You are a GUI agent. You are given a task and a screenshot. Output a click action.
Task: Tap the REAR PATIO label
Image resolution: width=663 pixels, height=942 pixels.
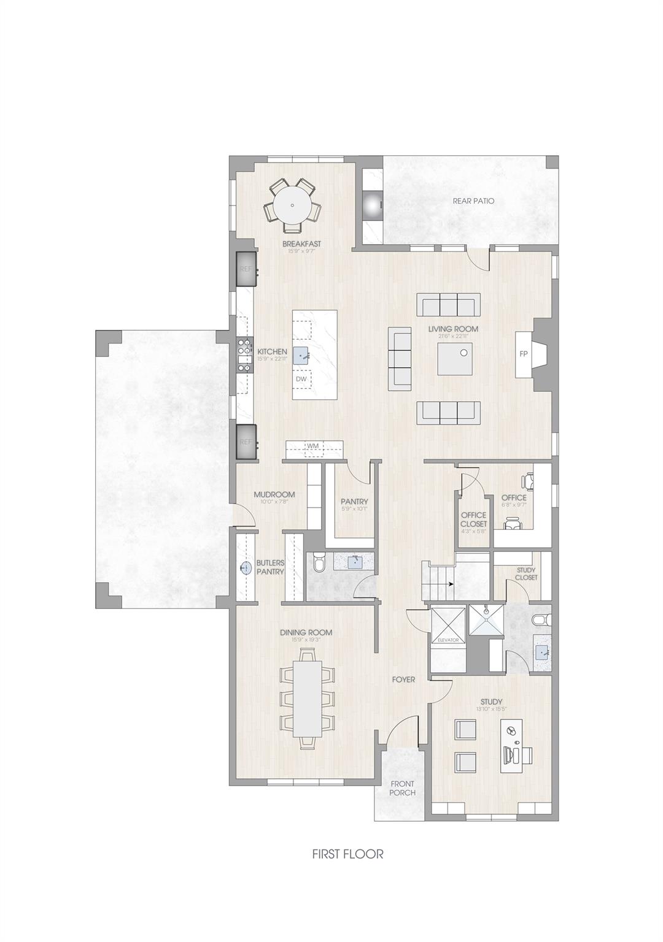[x=473, y=201]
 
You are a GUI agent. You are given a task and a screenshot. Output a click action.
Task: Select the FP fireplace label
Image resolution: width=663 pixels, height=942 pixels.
[x=524, y=354]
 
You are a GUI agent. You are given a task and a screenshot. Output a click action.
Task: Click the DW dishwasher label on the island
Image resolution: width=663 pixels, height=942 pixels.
[x=301, y=379]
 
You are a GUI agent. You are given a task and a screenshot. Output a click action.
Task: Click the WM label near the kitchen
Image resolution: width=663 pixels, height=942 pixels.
[x=313, y=446]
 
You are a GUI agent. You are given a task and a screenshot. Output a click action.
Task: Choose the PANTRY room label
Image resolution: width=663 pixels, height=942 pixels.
[x=354, y=502]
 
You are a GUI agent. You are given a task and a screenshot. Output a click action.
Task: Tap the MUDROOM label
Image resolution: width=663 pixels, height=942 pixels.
[x=274, y=494]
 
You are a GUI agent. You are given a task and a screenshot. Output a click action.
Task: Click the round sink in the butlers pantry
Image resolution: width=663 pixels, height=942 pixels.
[x=246, y=568]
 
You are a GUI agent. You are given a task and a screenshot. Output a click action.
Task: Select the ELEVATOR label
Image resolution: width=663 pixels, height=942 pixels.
[x=448, y=640]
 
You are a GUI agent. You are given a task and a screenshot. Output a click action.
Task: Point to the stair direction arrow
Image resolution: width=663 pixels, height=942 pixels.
[x=451, y=584]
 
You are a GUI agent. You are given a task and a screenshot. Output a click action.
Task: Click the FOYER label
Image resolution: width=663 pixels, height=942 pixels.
[x=404, y=680]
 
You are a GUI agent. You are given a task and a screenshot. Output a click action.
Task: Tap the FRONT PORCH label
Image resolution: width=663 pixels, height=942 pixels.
[x=402, y=788]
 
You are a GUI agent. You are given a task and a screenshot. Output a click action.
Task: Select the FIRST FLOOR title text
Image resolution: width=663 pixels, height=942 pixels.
[x=347, y=854]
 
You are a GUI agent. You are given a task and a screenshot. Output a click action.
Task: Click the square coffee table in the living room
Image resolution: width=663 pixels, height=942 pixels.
[x=455, y=358]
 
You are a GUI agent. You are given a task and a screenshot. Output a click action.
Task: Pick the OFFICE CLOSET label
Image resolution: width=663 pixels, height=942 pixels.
[x=473, y=519]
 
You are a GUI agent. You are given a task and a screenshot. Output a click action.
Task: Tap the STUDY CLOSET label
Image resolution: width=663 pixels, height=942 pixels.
[x=526, y=574]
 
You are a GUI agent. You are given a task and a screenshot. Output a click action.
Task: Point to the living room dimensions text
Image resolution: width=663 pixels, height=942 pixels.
[x=453, y=336]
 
